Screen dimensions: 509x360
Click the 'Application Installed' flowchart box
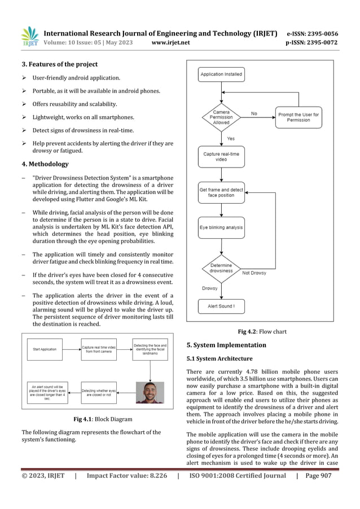point(221,74)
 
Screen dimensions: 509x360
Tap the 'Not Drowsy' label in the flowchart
point(254,273)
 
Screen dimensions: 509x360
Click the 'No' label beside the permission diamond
point(254,113)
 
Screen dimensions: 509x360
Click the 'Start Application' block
point(45,349)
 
